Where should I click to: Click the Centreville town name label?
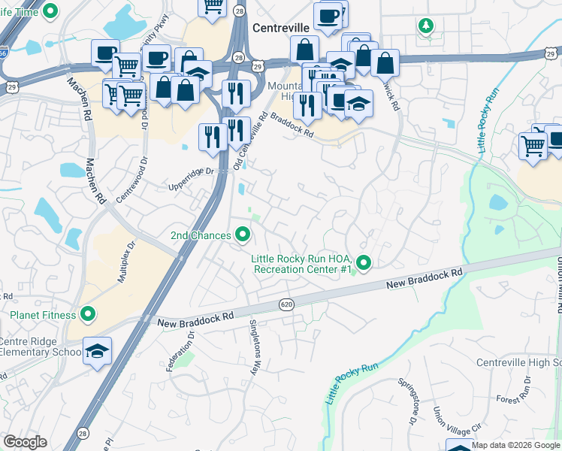tap(281, 27)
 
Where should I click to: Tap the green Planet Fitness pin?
tap(88, 314)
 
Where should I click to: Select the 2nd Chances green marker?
tap(242, 235)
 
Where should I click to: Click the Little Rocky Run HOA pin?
tap(364, 263)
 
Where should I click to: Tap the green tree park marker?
tap(426, 26)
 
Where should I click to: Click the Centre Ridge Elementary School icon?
tap(97, 352)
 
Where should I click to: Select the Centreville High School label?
tap(518, 363)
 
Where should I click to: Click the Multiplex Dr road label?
tap(124, 261)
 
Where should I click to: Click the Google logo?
tap(25, 442)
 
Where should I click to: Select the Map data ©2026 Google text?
tap(515, 445)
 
